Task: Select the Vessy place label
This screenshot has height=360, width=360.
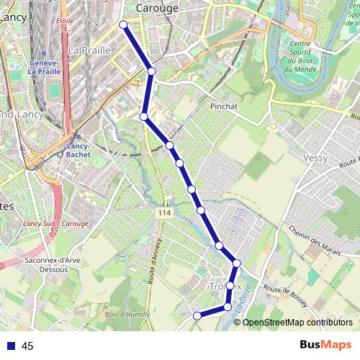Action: [315, 158]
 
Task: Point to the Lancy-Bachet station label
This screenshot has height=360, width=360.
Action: [77, 150]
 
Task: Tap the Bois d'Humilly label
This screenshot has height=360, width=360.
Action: [125, 314]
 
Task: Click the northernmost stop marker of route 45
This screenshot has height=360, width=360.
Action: [123, 25]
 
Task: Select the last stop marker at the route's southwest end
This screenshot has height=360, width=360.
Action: [197, 315]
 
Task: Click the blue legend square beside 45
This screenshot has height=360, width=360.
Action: [11, 346]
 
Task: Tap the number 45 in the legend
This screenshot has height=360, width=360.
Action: [27, 346]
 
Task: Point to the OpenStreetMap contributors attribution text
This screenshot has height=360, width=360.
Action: [298, 323]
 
